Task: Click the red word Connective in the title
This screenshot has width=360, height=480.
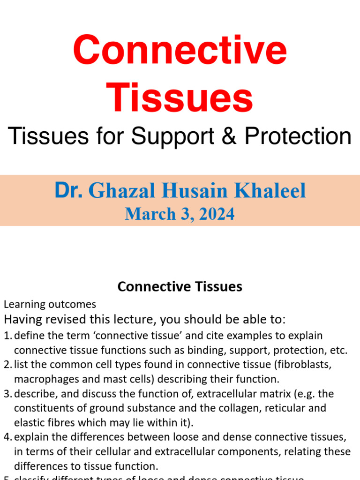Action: [180, 51]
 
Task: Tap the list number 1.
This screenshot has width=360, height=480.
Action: [7, 336]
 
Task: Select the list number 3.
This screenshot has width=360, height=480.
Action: [7, 394]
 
